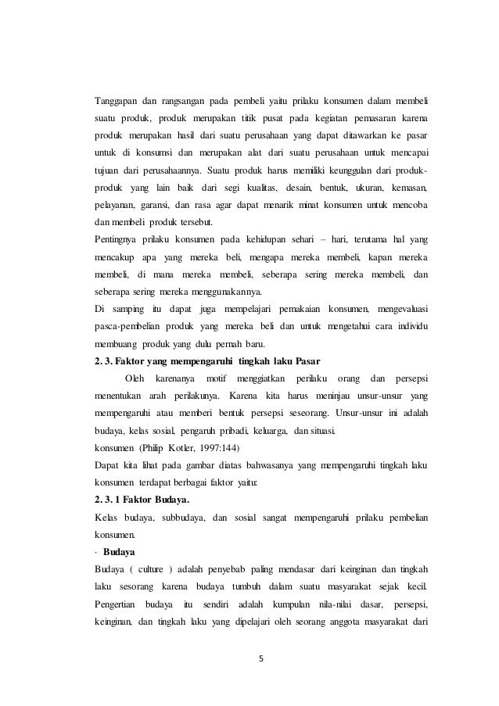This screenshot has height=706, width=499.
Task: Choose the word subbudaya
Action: click(x=174, y=496)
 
